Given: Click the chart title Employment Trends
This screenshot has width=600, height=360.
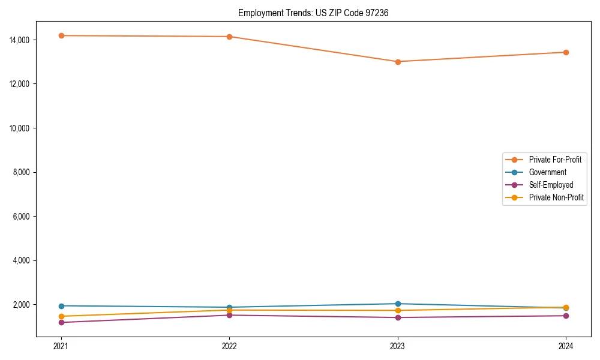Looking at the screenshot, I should (313, 13).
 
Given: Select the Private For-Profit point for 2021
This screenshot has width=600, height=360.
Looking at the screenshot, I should (61, 35).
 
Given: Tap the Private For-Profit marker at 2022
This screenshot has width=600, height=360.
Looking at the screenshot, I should (229, 37).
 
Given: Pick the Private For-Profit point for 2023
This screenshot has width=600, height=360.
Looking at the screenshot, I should (398, 62).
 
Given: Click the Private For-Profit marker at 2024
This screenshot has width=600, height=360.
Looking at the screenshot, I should (566, 52).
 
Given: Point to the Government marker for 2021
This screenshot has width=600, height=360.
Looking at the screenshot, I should (61, 306).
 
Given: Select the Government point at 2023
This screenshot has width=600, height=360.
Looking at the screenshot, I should (398, 304).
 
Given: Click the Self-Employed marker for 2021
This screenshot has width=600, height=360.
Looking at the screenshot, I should (61, 322).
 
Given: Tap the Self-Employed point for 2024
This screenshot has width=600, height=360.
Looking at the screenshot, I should (566, 316).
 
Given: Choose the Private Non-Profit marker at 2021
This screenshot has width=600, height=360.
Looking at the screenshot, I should (61, 316).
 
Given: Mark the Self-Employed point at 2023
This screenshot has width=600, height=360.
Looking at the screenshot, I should (398, 317).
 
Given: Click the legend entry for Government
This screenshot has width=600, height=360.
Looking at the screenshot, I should (547, 172).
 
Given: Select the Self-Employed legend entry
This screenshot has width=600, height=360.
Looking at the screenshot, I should (551, 185).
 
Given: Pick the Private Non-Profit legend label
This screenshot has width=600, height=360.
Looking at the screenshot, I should (556, 197).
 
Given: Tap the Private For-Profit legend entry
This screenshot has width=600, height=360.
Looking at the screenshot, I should (555, 160).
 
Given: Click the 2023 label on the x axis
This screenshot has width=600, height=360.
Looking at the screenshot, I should (398, 346).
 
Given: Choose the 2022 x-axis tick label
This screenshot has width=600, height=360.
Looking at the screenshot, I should (229, 346).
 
